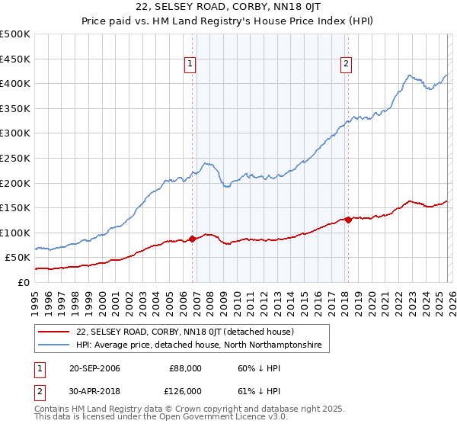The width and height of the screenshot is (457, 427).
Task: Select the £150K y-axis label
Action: (x=15, y=207)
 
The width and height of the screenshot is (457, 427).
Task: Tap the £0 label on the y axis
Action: (x=24, y=282)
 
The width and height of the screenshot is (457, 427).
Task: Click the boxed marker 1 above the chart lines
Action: (x=190, y=65)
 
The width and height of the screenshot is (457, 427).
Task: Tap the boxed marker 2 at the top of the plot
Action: (x=347, y=65)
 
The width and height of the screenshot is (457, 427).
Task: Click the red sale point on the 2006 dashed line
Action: (x=192, y=239)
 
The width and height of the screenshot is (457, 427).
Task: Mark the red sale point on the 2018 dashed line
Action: (x=348, y=220)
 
